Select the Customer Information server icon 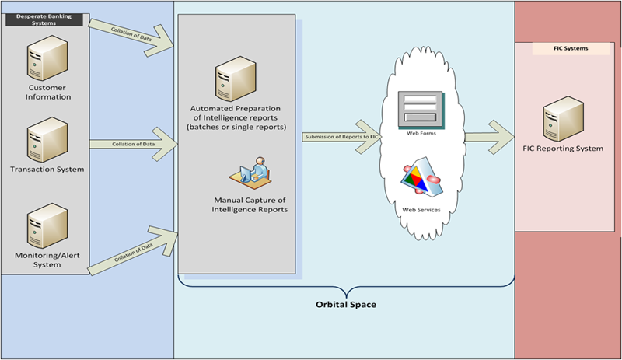pos(45,62)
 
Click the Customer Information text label pos(44,93)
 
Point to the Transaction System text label pos(47,169)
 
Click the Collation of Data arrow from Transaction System pos(133,145)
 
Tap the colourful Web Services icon pos(421,181)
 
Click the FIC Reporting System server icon pos(564,117)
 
